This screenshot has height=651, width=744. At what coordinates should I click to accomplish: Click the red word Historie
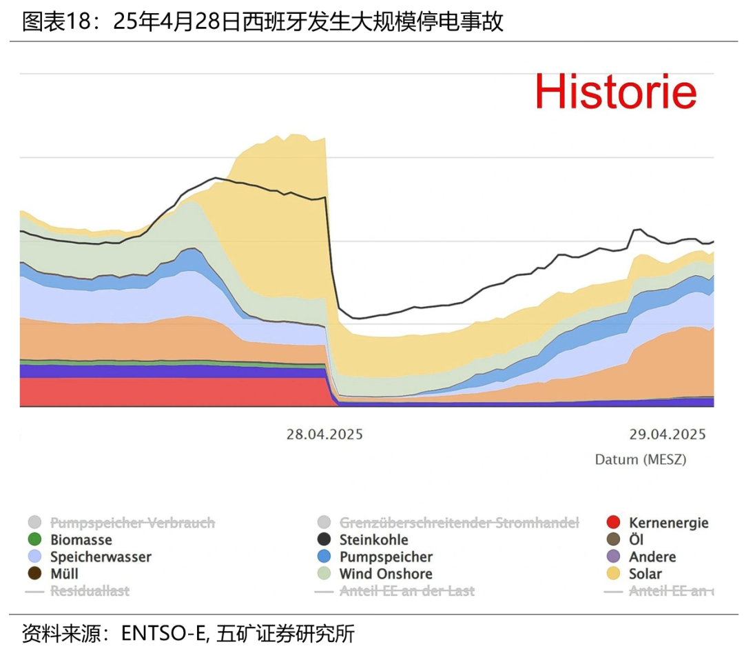pos(616,92)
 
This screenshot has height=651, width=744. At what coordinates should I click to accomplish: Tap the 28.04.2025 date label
pos(324,434)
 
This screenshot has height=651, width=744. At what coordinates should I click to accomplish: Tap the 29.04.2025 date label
pos(667,434)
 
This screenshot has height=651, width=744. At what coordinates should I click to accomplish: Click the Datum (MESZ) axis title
pos(641,459)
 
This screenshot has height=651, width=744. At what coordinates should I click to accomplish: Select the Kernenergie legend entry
pos(668,523)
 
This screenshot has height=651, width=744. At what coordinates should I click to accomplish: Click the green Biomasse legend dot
pos(35,540)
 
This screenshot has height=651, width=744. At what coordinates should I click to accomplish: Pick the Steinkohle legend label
pos(373,540)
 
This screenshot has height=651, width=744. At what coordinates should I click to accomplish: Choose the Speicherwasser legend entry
pos(100,557)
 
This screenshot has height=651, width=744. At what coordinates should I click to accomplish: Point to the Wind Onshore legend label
pos(386,574)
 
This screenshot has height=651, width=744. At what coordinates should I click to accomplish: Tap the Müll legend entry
pos(64,574)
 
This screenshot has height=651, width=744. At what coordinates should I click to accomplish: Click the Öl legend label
pos(636,540)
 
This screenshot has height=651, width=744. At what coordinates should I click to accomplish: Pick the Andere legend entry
pos(652,557)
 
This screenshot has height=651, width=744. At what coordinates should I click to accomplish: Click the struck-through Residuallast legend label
pos(90,591)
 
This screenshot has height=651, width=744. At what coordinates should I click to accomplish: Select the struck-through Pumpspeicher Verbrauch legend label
pos(132,523)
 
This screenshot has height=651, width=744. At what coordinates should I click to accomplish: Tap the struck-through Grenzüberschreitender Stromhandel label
pos(459,523)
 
